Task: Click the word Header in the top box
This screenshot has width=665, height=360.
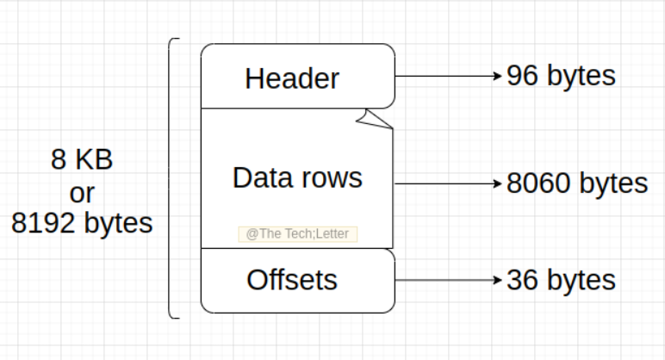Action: (292, 78)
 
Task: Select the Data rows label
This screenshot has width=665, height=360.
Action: (297, 177)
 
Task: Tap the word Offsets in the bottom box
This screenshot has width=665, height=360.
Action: (292, 280)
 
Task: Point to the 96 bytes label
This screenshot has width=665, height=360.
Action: (561, 76)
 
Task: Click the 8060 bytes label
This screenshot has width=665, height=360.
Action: (576, 183)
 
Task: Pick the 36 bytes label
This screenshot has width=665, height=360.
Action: (561, 280)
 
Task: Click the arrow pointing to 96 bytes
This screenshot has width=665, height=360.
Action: (448, 76)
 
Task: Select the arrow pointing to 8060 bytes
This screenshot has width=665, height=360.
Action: (448, 183)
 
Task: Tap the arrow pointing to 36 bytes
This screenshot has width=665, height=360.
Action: (448, 280)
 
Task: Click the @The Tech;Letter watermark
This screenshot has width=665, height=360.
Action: (297, 233)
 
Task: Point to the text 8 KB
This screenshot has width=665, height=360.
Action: (82, 160)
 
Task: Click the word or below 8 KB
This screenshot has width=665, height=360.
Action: (82, 191)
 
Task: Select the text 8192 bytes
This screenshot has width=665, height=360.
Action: (82, 223)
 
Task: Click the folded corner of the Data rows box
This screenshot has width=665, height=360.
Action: (376, 121)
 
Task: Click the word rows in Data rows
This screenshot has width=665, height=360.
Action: (331, 177)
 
